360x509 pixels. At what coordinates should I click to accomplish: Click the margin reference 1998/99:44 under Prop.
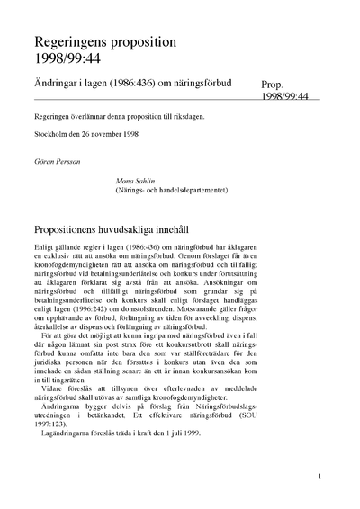tap(284, 94)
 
